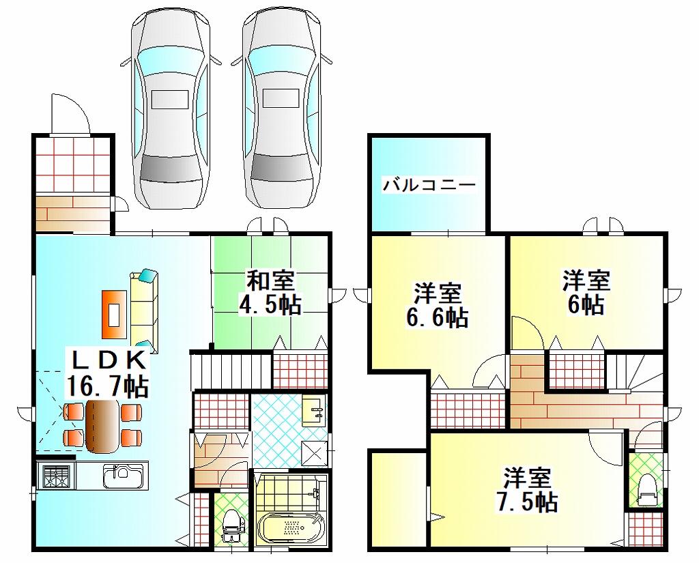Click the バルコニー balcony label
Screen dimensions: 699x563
pos(429,184)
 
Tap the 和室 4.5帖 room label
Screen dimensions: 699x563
pos(270,293)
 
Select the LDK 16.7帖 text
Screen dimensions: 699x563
pos(107,373)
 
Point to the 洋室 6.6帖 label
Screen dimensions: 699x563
pos(438,305)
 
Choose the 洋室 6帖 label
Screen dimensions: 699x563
pos(586,293)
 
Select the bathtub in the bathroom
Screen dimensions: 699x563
pos(291,528)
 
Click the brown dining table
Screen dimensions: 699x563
pos(102,426)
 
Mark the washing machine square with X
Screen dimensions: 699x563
pos(315,453)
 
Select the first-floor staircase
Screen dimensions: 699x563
pos(231,370)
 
